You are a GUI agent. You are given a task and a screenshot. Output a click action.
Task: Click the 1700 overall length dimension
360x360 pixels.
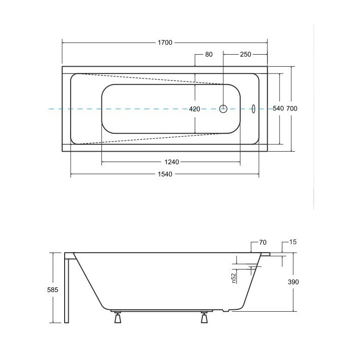[165, 43]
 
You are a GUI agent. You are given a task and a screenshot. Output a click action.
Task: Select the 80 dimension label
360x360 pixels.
[208, 55]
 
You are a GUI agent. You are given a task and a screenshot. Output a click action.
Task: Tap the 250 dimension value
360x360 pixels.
[245, 55]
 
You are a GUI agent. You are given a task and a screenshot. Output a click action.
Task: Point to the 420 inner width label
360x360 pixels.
[194, 109]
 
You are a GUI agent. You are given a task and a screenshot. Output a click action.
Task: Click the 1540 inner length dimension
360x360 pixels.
[165, 174]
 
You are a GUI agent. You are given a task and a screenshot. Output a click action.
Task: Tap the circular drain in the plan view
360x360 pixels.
[223, 108]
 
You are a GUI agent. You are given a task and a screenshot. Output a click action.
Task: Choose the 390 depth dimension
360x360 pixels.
[294, 282]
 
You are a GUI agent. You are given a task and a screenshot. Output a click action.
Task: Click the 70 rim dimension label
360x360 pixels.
[263, 243]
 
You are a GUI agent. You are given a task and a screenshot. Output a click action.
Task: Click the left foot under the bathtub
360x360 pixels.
[118, 318]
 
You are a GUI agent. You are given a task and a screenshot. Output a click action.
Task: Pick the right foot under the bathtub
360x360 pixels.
[204, 318]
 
